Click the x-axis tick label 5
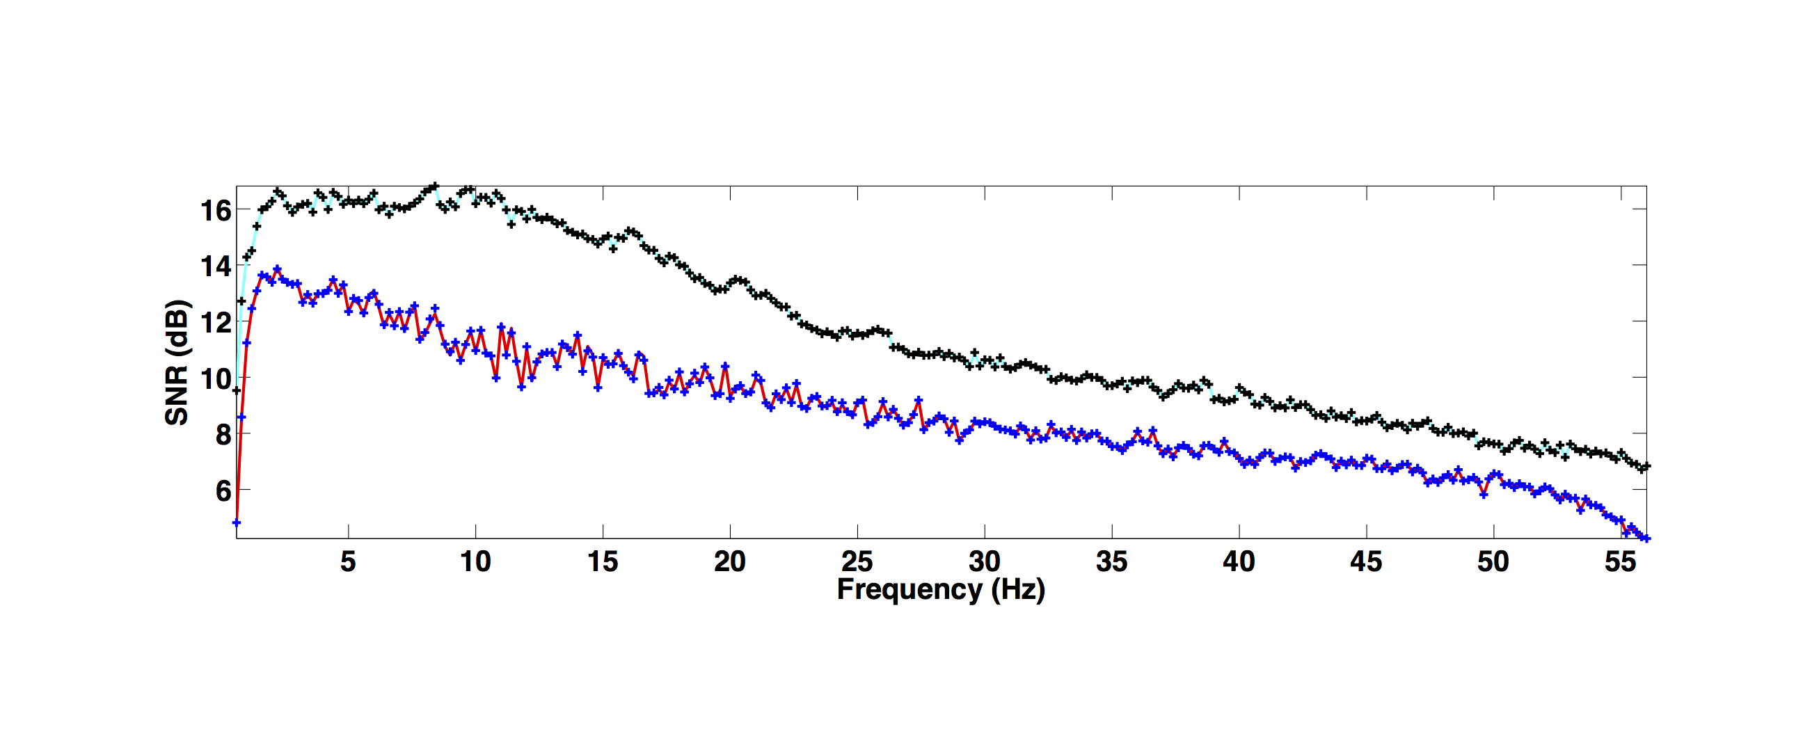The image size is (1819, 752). [348, 562]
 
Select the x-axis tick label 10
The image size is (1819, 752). [475, 562]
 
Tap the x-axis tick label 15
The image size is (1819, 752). [603, 562]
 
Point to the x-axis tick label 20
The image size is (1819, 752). [729, 562]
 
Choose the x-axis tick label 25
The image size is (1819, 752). [857, 562]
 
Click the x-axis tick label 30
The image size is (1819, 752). [985, 562]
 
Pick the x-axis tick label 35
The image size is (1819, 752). [1111, 562]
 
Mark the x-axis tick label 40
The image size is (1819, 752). [1239, 562]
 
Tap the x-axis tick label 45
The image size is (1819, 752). [1366, 562]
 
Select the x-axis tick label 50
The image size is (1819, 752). [1493, 562]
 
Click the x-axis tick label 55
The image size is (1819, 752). [1620, 562]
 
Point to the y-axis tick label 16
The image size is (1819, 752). [215, 210]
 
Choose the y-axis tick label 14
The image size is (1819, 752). [215, 267]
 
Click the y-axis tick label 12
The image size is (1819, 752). [215, 323]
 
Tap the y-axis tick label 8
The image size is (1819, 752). [223, 435]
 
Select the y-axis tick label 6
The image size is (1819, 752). [223, 490]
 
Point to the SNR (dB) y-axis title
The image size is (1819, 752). [177, 363]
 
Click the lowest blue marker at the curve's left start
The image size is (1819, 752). [237, 523]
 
